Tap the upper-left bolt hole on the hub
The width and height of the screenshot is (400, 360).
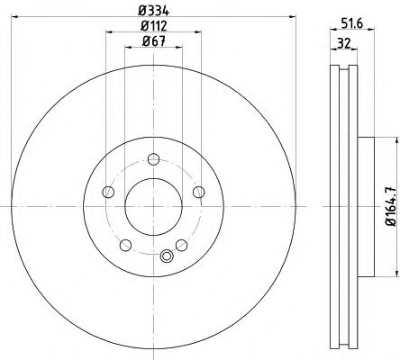pyautogui.click(x=109, y=192)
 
